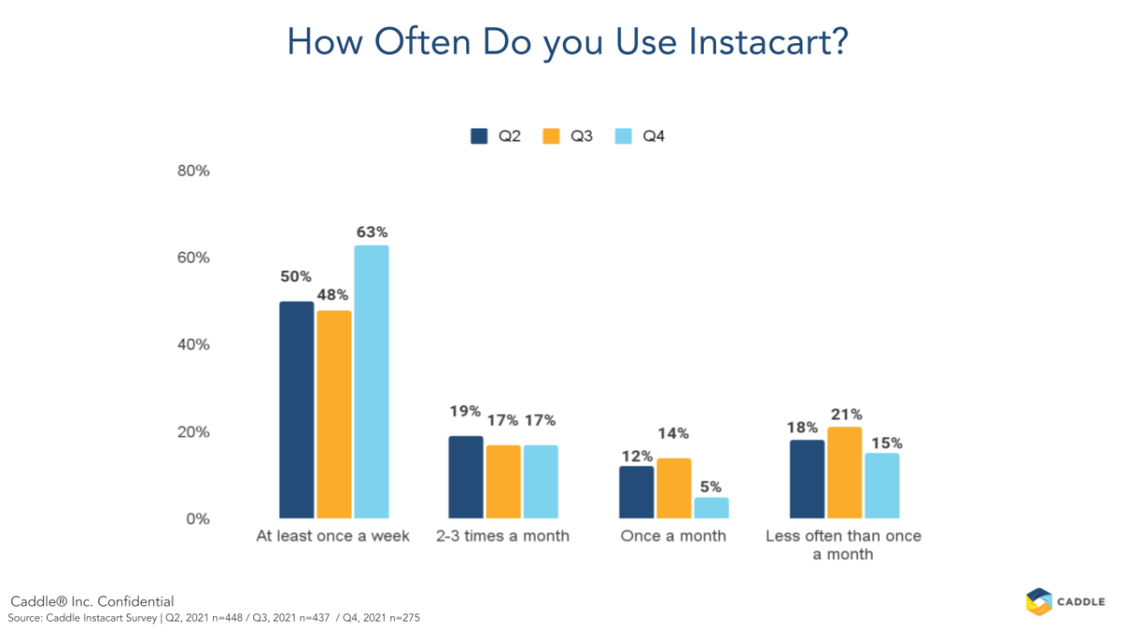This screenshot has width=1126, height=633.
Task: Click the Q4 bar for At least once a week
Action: point(371,382)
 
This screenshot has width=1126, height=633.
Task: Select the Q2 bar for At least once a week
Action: point(297,410)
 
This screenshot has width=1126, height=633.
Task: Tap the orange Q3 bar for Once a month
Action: point(674,488)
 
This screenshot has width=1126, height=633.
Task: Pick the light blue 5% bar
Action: point(711,507)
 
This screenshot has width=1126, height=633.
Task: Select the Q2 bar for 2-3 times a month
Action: point(466,477)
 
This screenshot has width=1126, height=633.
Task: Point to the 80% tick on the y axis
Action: point(193,172)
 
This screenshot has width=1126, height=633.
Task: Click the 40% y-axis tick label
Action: point(193,345)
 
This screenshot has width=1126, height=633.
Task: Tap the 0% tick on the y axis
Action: point(197,519)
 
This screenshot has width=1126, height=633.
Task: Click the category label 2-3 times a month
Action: point(504,536)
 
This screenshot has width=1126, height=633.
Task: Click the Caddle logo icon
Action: point(1038,601)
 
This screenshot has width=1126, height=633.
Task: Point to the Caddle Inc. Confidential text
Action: point(92,601)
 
